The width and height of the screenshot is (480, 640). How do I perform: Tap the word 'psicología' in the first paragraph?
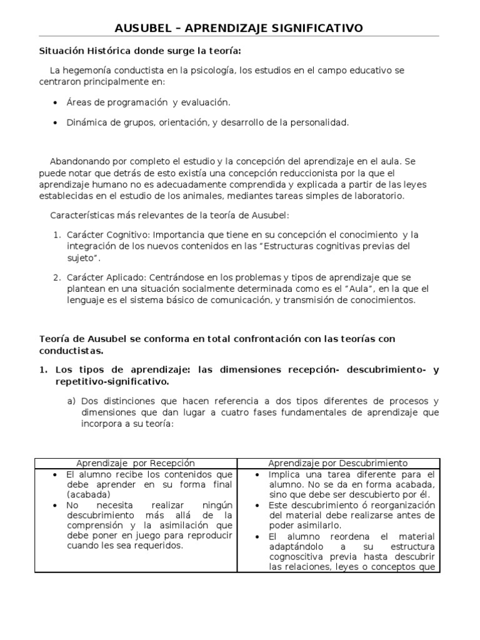[212, 71]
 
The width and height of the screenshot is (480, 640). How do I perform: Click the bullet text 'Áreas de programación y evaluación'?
[148, 102]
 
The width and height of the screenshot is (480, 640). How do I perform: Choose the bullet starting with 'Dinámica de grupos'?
[207, 122]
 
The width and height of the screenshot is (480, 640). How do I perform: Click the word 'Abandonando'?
[79, 161]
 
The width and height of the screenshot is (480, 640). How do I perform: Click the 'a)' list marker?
[72, 401]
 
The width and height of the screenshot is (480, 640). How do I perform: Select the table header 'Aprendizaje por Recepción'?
[136, 463]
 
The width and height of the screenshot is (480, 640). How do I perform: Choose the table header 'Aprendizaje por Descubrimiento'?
[337, 463]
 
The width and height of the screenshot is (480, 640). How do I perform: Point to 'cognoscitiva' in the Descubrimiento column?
[294, 557]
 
